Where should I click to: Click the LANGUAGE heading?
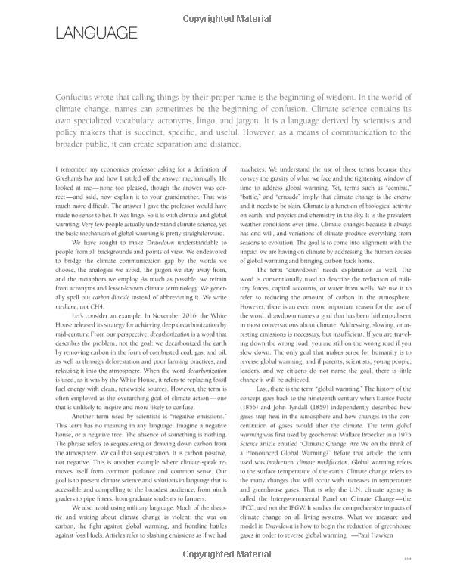(x=96, y=33)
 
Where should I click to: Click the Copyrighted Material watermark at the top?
(x=228, y=6)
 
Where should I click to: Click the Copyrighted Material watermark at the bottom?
(x=228, y=567)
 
